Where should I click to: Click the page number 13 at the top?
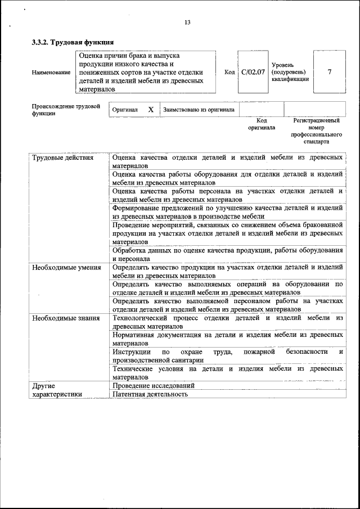click(187, 22)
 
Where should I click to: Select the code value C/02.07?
click(253, 73)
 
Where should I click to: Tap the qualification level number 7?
click(329, 72)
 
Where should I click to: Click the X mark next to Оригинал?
click(151, 110)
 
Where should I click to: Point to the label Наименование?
click(51, 73)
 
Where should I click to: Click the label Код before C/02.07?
click(229, 73)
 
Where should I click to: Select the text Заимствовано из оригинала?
click(199, 110)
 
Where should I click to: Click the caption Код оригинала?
click(262, 124)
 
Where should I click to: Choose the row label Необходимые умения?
click(66, 268)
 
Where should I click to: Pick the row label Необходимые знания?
click(65, 318)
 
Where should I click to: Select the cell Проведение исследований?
click(153, 386)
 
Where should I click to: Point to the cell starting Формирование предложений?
click(227, 213)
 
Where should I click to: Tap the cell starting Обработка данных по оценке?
click(227, 255)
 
